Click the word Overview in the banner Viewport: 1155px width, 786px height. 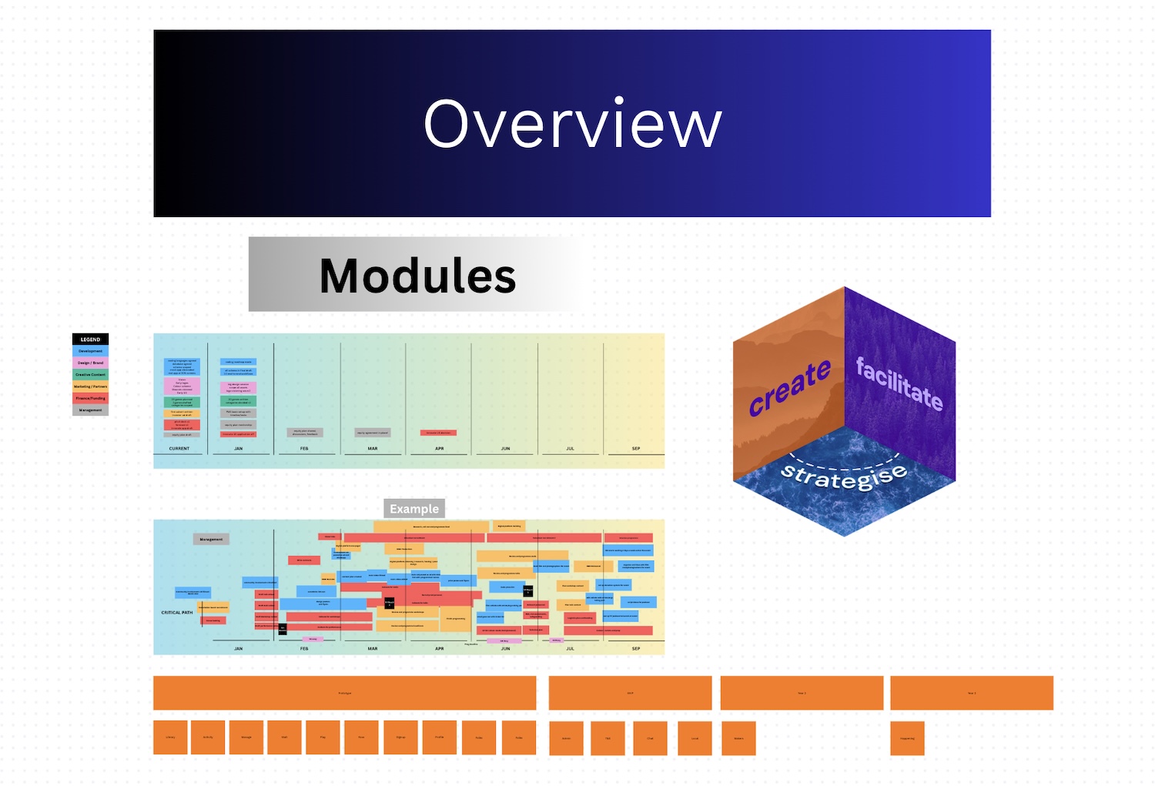coord(573,124)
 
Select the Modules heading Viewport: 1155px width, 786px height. coord(417,276)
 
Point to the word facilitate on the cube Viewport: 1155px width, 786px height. coord(899,383)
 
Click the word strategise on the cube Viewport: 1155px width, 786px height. coord(844,477)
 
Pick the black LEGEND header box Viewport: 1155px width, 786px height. coord(90,339)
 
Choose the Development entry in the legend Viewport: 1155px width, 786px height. coord(90,351)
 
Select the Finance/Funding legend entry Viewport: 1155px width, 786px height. coord(90,398)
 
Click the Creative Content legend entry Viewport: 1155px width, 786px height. coord(90,375)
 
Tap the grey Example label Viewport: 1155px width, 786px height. coord(414,509)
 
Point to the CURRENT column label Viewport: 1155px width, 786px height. coord(179,448)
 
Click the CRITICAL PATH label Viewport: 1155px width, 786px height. coord(177,613)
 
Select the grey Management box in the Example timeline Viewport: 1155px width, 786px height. coord(211,540)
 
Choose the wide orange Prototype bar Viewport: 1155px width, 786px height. coord(344,693)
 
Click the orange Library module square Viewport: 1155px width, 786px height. coord(170,738)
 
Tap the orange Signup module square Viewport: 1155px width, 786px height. coord(400,738)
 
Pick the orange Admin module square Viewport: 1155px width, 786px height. coord(566,738)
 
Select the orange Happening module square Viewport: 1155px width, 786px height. coord(907,738)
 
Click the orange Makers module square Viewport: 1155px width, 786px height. coord(738,738)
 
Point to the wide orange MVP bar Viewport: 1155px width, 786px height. coord(630,693)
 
